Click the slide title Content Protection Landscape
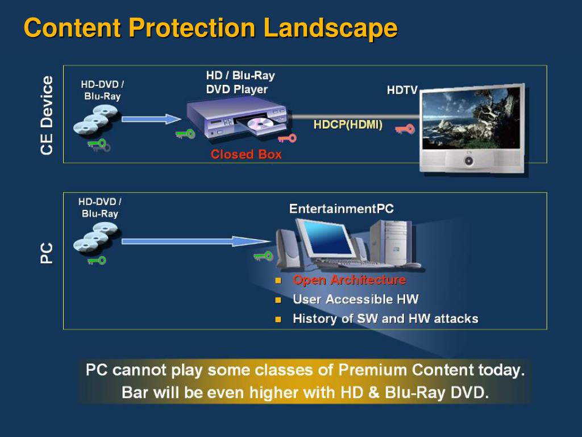(210, 28)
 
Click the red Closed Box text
(246, 154)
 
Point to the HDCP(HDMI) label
(348, 125)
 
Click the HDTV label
(402, 90)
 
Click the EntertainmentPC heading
(341, 209)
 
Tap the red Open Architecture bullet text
(349, 280)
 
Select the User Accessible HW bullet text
(355, 299)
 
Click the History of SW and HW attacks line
(385, 319)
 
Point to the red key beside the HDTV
(405, 129)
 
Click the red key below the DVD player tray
(288, 138)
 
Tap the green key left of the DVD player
(185, 134)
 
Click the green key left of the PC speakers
(264, 256)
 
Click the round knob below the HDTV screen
(469, 161)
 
